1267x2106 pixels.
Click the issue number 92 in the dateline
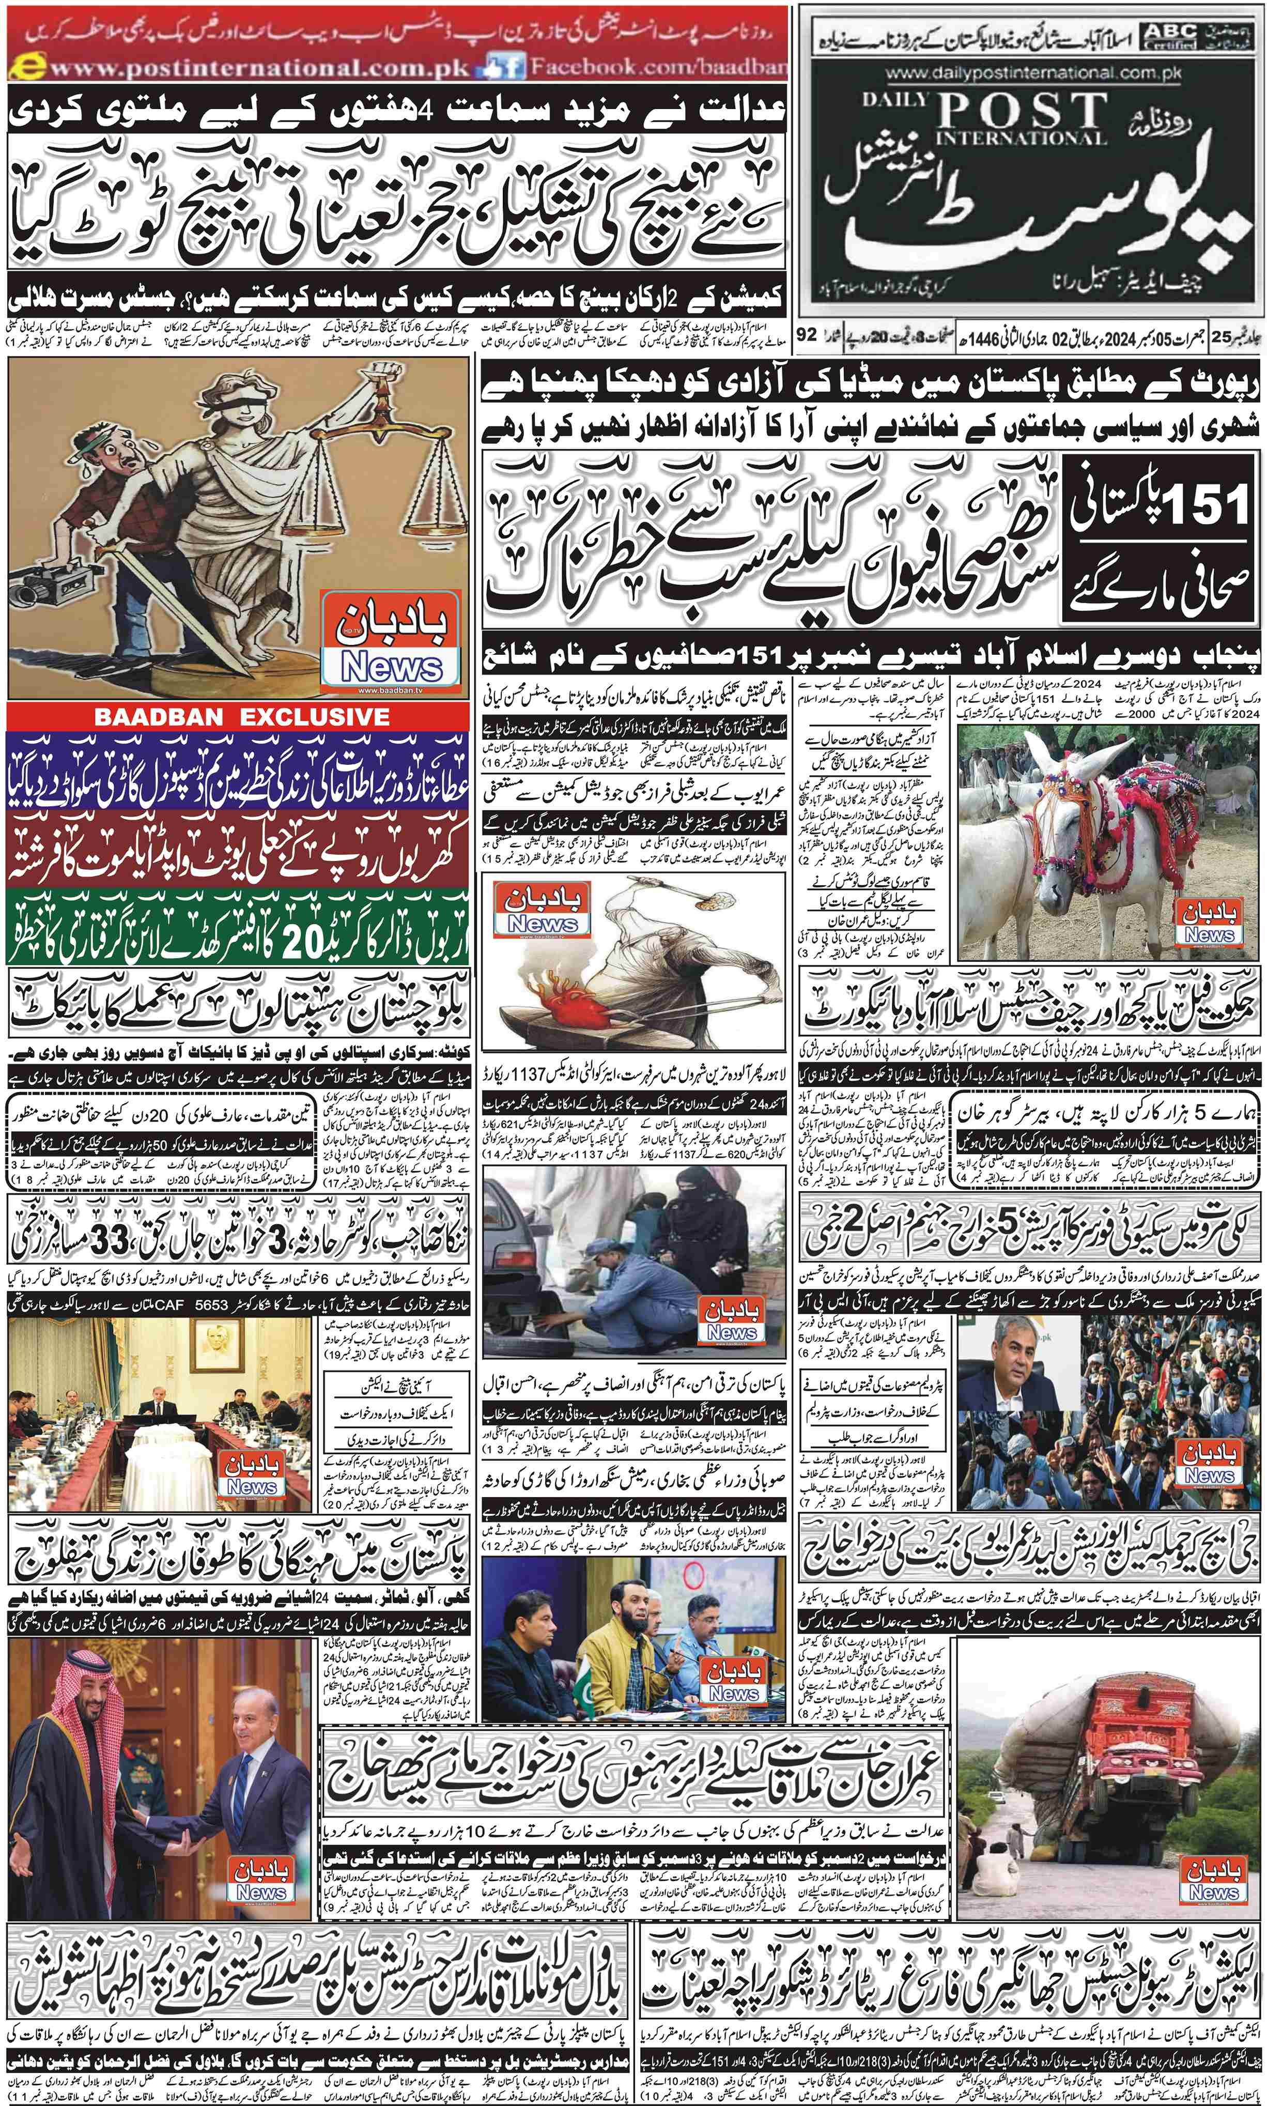coord(806,335)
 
